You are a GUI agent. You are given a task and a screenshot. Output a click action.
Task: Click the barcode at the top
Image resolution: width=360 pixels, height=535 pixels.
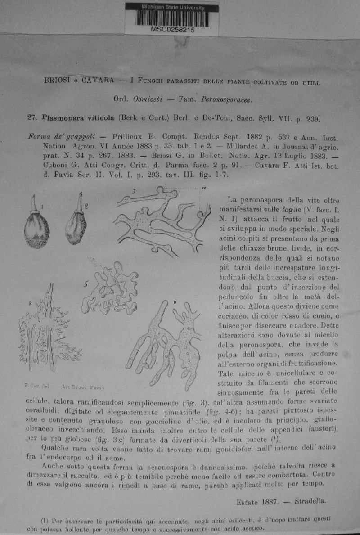[171, 18]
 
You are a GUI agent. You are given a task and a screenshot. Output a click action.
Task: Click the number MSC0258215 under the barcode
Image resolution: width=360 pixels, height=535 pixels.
[173, 31]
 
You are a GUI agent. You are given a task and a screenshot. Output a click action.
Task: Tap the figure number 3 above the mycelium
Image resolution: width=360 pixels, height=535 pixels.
[134, 192]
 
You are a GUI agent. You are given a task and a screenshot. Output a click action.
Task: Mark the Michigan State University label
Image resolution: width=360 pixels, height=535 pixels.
[173, 8]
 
